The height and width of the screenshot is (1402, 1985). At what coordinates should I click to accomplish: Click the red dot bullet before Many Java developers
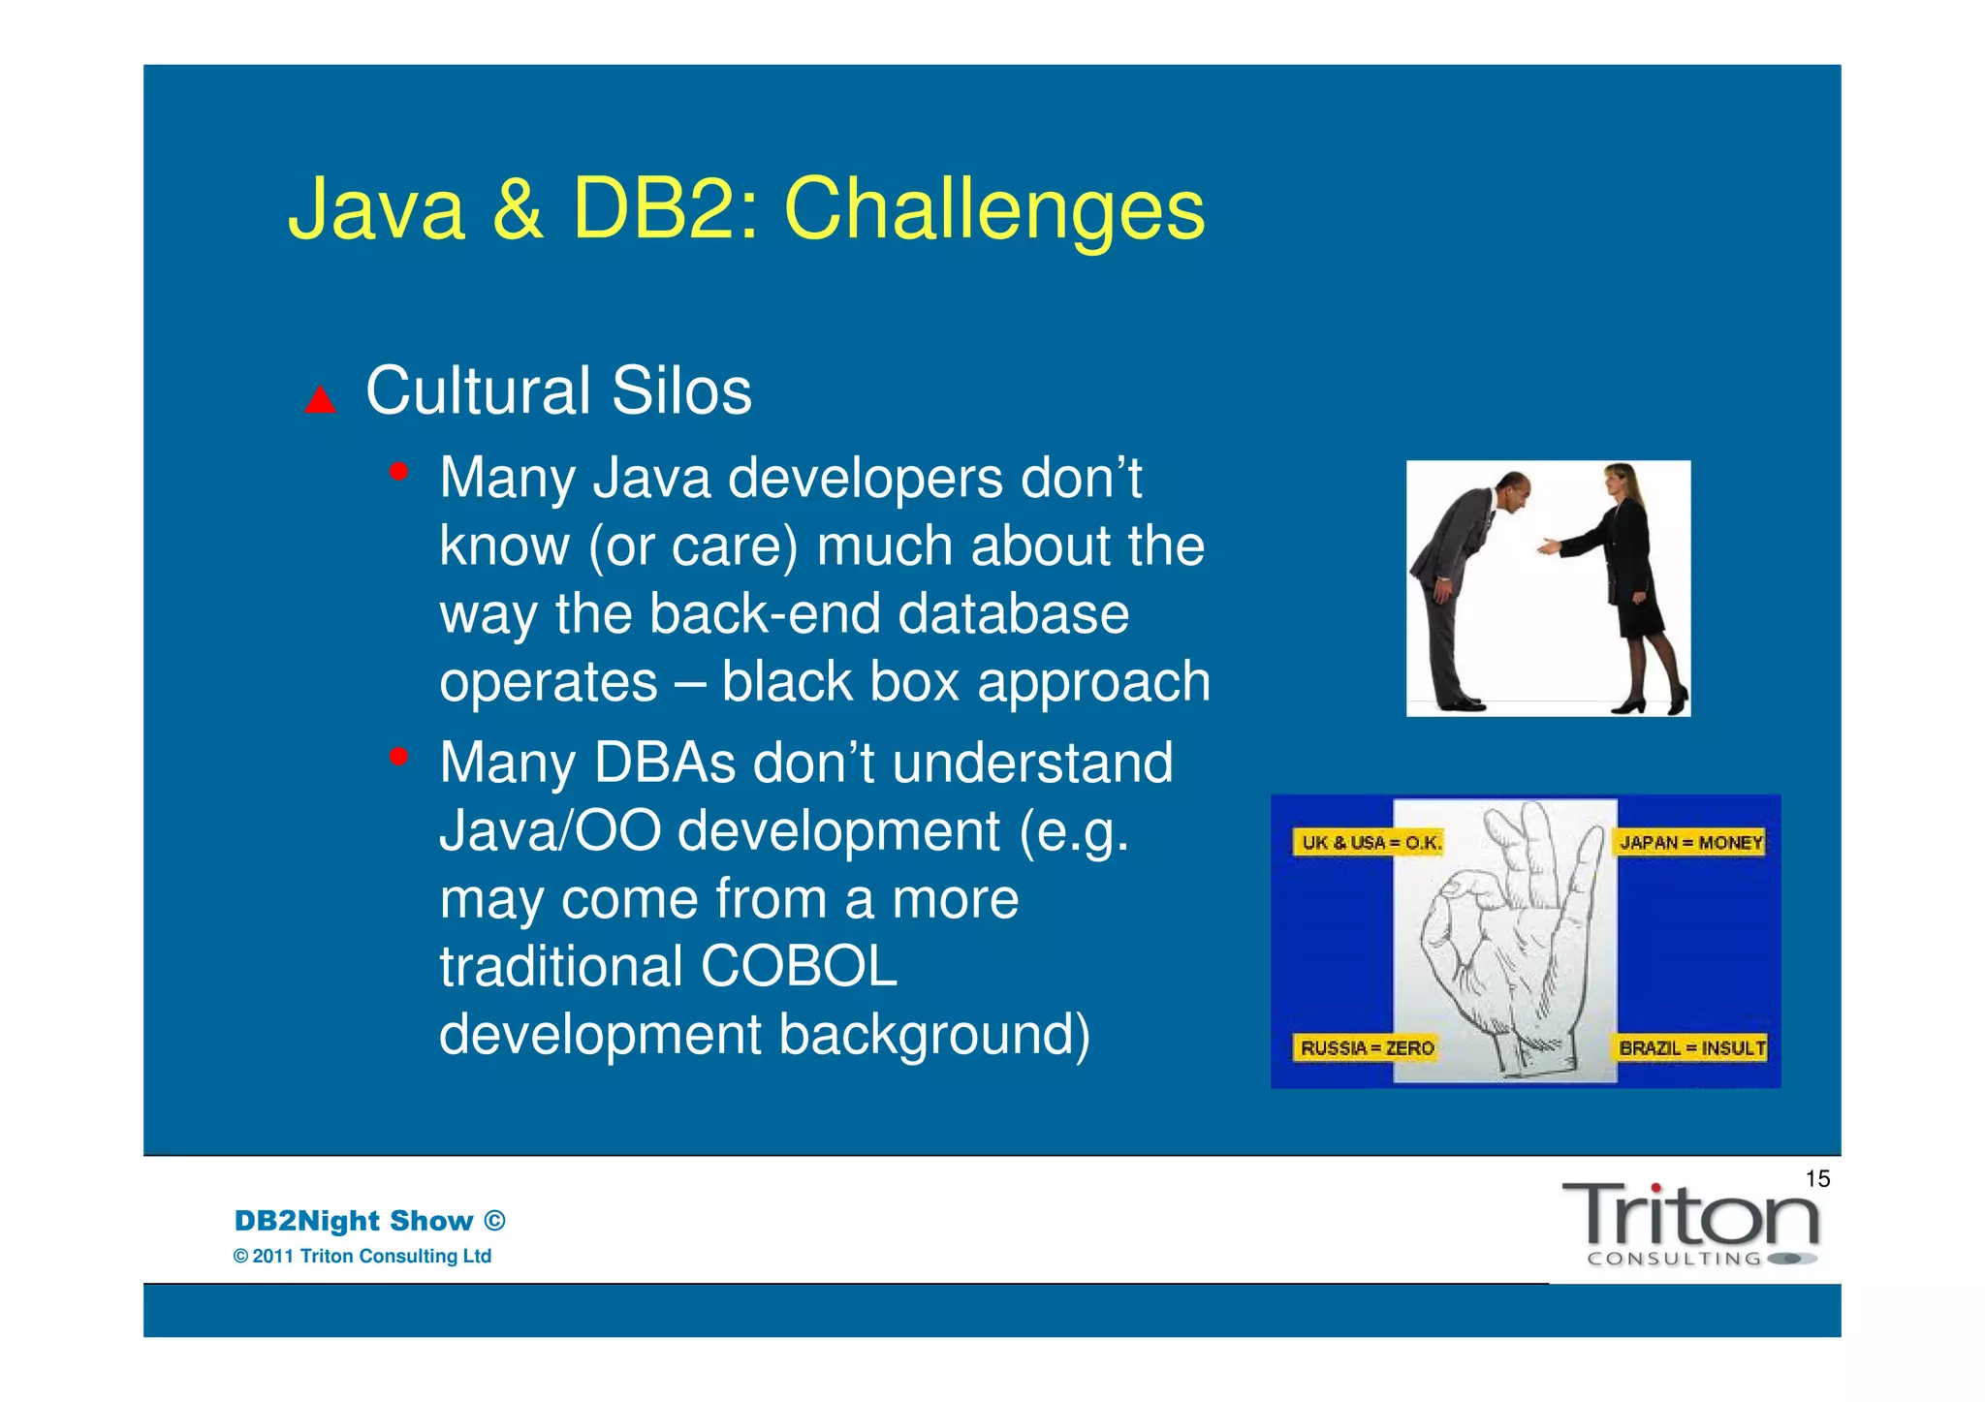click(x=398, y=473)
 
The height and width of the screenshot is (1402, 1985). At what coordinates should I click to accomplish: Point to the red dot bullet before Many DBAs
click(x=398, y=757)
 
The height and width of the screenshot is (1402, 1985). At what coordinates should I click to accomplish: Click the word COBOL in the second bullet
click(x=799, y=967)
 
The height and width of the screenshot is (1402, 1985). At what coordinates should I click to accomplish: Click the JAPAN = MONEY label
click(x=1690, y=842)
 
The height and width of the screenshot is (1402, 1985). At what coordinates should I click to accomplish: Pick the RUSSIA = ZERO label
click(x=1367, y=1047)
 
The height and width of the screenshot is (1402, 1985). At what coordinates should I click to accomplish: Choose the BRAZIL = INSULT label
click(x=1692, y=1047)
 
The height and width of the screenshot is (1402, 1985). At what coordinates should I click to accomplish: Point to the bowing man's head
click(x=1513, y=489)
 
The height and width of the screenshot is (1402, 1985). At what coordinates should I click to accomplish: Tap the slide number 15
click(x=1817, y=1179)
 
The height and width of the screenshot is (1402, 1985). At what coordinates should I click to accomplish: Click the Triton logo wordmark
click(x=1690, y=1217)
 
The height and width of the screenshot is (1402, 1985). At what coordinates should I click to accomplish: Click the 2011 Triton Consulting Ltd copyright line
click(x=362, y=1257)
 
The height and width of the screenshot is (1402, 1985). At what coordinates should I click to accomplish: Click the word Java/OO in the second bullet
click(x=550, y=831)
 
